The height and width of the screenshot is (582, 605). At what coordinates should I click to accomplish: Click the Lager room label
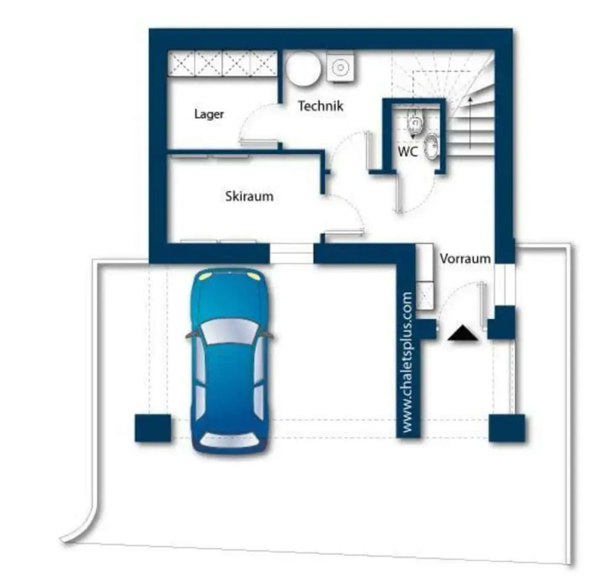pyautogui.click(x=209, y=114)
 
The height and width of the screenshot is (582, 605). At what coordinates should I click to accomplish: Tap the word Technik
pyautogui.click(x=320, y=106)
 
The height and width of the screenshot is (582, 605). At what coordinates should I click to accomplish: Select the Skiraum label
pyautogui.click(x=249, y=196)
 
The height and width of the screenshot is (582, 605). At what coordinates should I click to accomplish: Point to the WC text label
pyautogui.click(x=408, y=152)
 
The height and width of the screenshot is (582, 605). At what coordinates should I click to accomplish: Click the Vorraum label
pyautogui.click(x=465, y=258)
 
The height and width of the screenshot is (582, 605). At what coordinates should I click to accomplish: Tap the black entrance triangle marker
pyautogui.click(x=463, y=333)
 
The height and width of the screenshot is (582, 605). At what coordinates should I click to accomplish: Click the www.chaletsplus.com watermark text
pyautogui.click(x=407, y=362)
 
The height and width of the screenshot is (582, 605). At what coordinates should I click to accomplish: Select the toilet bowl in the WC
pyautogui.click(x=415, y=120)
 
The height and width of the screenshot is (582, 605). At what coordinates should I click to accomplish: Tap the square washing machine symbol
pyautogui.click(x=340, y=67)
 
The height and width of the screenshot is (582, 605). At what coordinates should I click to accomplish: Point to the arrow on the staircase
pyautogui.click(x=470, y=123)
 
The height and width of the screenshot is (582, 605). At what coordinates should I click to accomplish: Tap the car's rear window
pyautogui.click(x=231, y=440)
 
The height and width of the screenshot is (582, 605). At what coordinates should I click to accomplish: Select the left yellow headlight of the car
pyautogui.click(x=207, y=276)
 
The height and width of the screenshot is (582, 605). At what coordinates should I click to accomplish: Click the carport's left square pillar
pyautogui.click(x=153, y=428)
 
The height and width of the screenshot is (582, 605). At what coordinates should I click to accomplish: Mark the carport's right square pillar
pyautogui.click(x=507, y=428)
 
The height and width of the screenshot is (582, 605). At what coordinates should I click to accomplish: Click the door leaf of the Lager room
pyautogui.click(x=258, y=142)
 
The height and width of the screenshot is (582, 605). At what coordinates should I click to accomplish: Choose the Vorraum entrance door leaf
pyautogui.click(x=482, y=306)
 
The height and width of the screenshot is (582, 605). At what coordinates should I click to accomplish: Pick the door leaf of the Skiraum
pyautogui.click(x=344, y=232)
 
